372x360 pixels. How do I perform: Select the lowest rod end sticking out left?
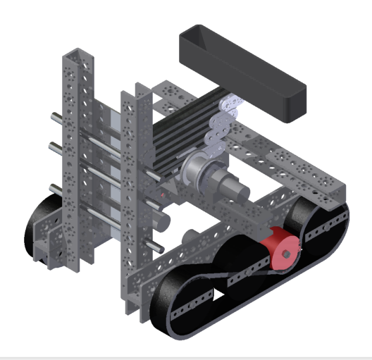click(x=54, y=188)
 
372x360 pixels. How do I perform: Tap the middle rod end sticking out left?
click(x=54, y=146)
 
